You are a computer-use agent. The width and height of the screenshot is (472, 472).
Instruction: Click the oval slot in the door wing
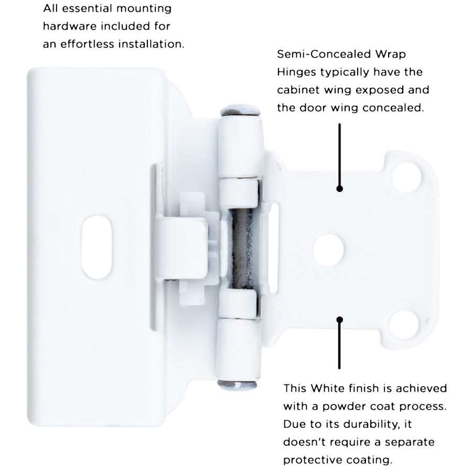click(96, 247)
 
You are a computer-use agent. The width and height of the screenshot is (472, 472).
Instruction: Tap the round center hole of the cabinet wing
click(328, 250)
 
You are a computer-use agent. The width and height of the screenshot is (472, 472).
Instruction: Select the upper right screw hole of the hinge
click(406, 177)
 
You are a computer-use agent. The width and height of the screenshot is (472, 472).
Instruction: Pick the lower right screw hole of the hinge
click(403, 325)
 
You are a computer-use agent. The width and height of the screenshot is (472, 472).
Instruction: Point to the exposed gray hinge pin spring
click(242, 249)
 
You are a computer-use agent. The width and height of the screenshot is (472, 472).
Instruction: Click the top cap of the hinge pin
click(240, 111)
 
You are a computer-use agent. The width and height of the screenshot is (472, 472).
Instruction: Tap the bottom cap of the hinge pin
click(237, 385)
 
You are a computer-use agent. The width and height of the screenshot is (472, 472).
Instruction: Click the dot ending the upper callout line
click(339, 189)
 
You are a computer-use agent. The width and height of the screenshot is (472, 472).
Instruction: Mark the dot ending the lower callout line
click(339, 320)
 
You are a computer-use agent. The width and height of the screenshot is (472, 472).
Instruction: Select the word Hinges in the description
click(297, 72)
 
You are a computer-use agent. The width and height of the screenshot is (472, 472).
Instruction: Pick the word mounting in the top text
click(144, 8)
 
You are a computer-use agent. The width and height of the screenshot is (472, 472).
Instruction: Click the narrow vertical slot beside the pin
click(273, 248)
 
